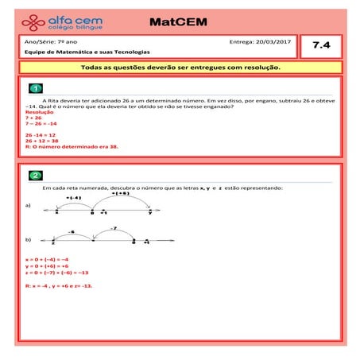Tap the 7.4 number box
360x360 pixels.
tap(321, 46)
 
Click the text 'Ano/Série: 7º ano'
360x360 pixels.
tap(47, 41)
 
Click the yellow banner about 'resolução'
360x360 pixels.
tap(180, 68)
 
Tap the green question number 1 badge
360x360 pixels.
tap(35, 88)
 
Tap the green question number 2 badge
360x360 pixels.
tap(35, 175)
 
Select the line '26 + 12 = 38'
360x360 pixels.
tap(41, 141)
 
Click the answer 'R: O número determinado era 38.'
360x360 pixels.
tap(60, 147)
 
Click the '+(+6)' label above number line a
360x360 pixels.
tap(121, 193)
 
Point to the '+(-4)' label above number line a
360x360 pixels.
tap(74, 197)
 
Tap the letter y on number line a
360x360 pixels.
tap(150, 213)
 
